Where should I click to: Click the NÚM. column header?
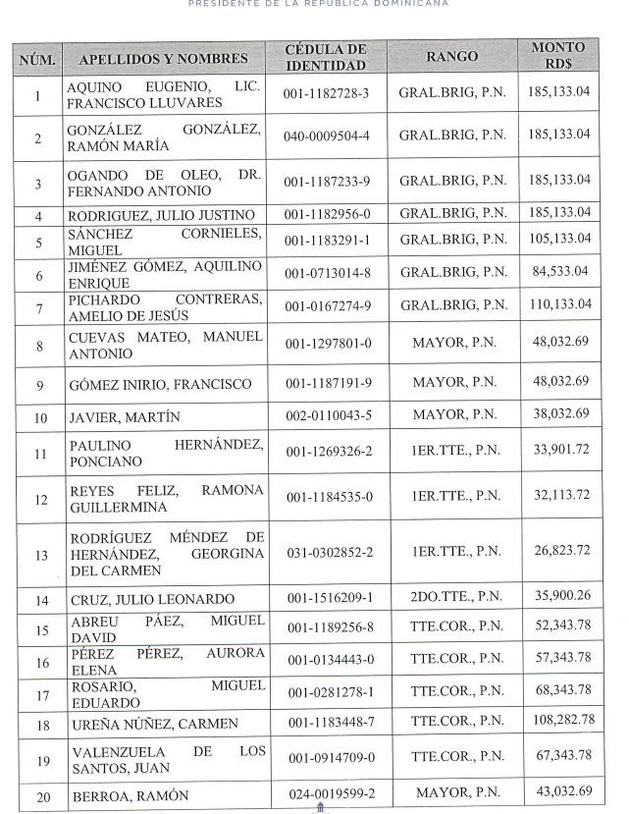(x=37, y=58)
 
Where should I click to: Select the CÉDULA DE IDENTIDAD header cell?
(x=326, y=57)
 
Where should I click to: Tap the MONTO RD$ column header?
(x=557, y=56)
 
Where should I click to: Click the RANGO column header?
(x=451, y=57)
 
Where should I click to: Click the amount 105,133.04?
(x=559, y=239)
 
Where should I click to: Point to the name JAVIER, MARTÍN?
(x=125, y=416)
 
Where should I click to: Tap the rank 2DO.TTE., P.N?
(x=451, y=598)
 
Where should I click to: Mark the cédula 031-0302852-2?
(x=327, y=554)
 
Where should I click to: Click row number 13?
(x=37, y=555)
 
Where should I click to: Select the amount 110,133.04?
(x=559, y=304)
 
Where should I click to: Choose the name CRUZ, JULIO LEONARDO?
(x=151, y=599)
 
